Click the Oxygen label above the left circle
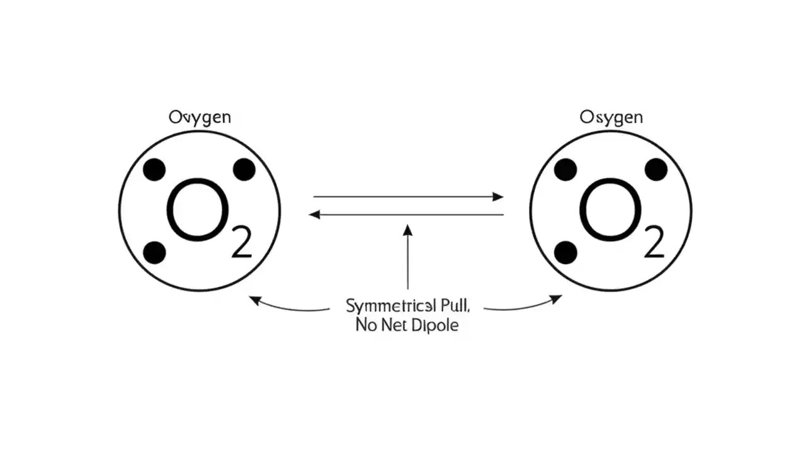coord(200,118)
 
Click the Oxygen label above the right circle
coord(611,118)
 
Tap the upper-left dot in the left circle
coord(154,170)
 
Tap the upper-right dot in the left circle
coord(244,170)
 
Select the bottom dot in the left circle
coord(154,253)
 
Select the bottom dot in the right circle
coord(565,253)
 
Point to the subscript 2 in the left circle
coord(241,242)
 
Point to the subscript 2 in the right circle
coord(654,242)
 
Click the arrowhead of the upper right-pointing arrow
coord(498,197)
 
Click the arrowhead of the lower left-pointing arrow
coord(314,215)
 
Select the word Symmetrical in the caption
coord(390,306)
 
